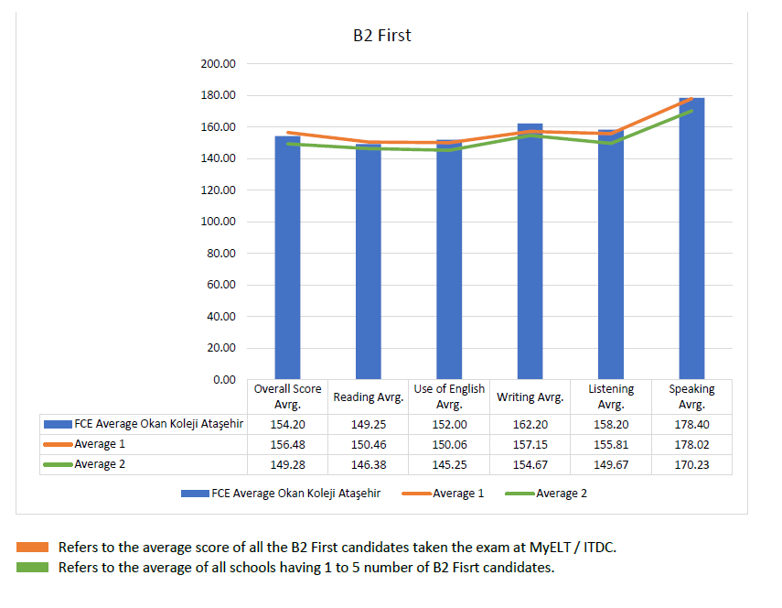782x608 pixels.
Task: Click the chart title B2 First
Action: pos(382,36)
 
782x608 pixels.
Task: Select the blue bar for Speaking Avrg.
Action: pos(691,238)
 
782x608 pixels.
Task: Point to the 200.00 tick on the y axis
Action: pos(218,64)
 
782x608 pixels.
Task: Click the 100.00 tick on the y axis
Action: pos(218,222)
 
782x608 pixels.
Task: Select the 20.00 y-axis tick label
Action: pos(220,348)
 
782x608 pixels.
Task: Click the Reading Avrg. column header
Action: pos(369,397)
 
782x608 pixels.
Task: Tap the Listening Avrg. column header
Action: pos(611,396)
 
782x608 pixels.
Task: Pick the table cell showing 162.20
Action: pos(530,425)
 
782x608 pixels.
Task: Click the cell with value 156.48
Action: pos(287,445)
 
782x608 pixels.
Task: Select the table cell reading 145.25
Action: pos(449,464)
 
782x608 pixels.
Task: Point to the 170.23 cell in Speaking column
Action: pos(691,464)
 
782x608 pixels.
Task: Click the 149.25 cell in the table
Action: pos(369,425)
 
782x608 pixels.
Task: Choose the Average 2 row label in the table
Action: pos(94,464)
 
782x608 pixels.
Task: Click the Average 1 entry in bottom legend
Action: pos(453,494)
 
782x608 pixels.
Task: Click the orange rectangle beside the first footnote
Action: pos(32,548)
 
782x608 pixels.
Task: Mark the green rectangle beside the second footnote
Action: pos(32,568)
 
